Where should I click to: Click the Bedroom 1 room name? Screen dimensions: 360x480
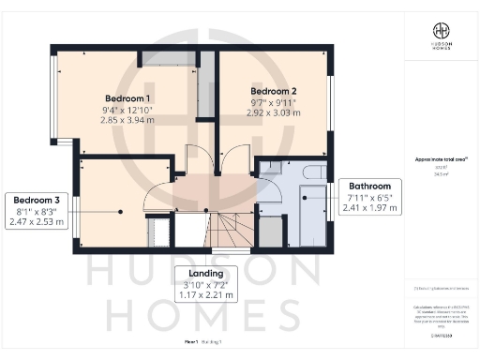127,98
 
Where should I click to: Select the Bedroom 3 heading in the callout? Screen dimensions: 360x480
36,200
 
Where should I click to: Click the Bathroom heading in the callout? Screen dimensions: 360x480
369,186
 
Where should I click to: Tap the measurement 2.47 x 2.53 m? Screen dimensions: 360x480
36,222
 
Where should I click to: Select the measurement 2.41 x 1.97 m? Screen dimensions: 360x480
369,208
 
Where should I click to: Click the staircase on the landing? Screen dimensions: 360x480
230,229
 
